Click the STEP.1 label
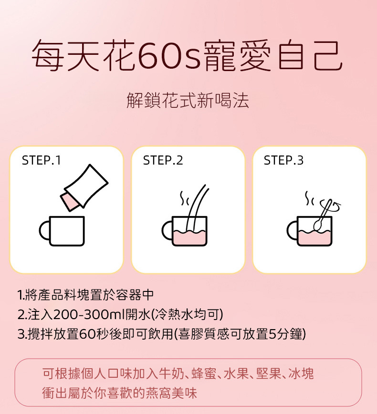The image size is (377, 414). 42,160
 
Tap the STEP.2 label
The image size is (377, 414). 163,160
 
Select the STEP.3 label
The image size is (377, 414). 284,160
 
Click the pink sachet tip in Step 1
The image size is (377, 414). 69,202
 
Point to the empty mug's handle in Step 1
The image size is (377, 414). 44,230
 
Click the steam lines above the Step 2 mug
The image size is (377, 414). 184,198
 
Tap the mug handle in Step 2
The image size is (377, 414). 167,230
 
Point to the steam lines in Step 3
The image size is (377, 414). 309,198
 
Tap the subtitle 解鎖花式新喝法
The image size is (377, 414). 188,101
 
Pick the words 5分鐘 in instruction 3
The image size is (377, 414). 285,334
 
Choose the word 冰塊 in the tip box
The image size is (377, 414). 301,373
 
